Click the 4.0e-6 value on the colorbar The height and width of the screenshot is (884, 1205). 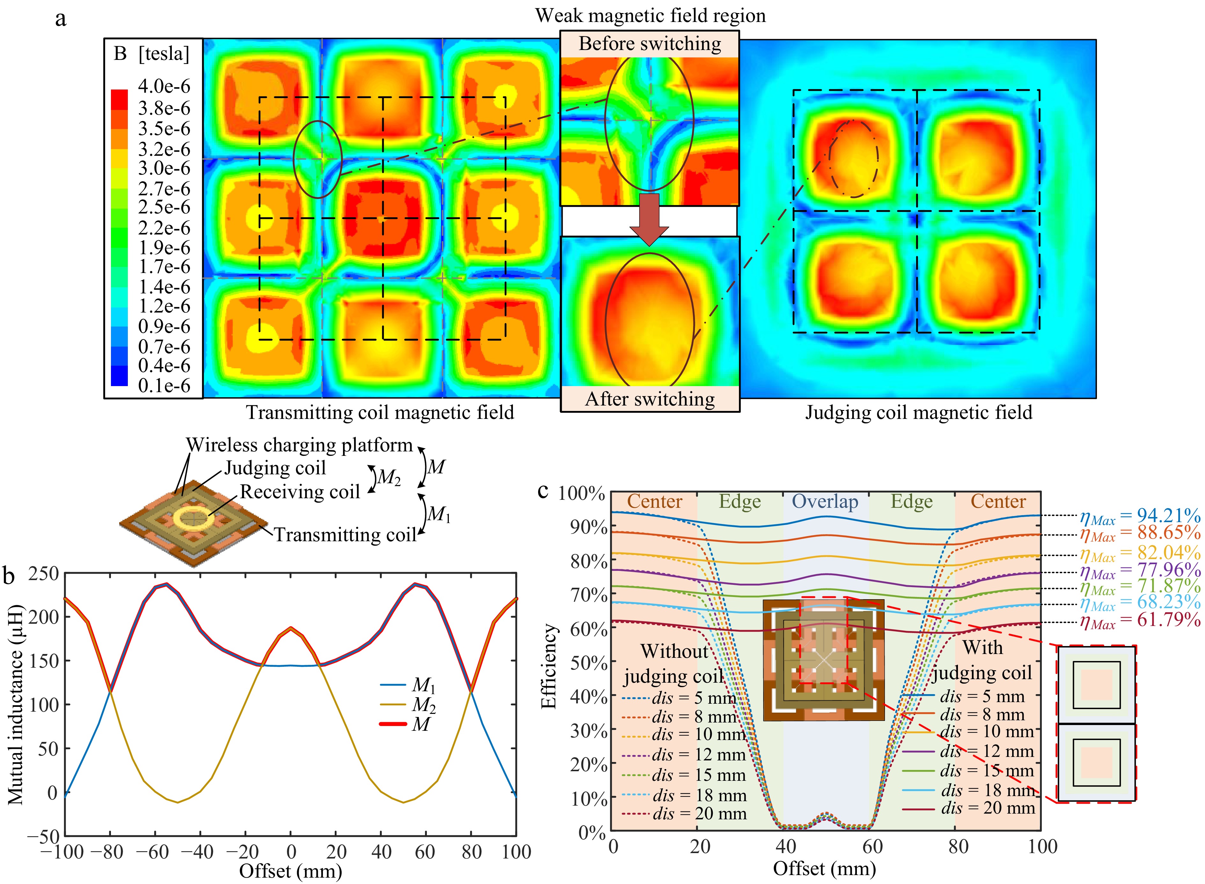point(164,86)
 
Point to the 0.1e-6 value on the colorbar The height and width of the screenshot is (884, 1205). point(164,385)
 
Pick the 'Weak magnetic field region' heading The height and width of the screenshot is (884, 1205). point(650,16)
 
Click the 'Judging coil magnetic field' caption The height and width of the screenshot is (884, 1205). point(918,413)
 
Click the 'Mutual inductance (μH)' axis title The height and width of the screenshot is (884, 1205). point(16,704)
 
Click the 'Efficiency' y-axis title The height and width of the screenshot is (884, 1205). point(549,666)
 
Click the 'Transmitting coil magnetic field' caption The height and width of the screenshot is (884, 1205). point(380,413)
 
